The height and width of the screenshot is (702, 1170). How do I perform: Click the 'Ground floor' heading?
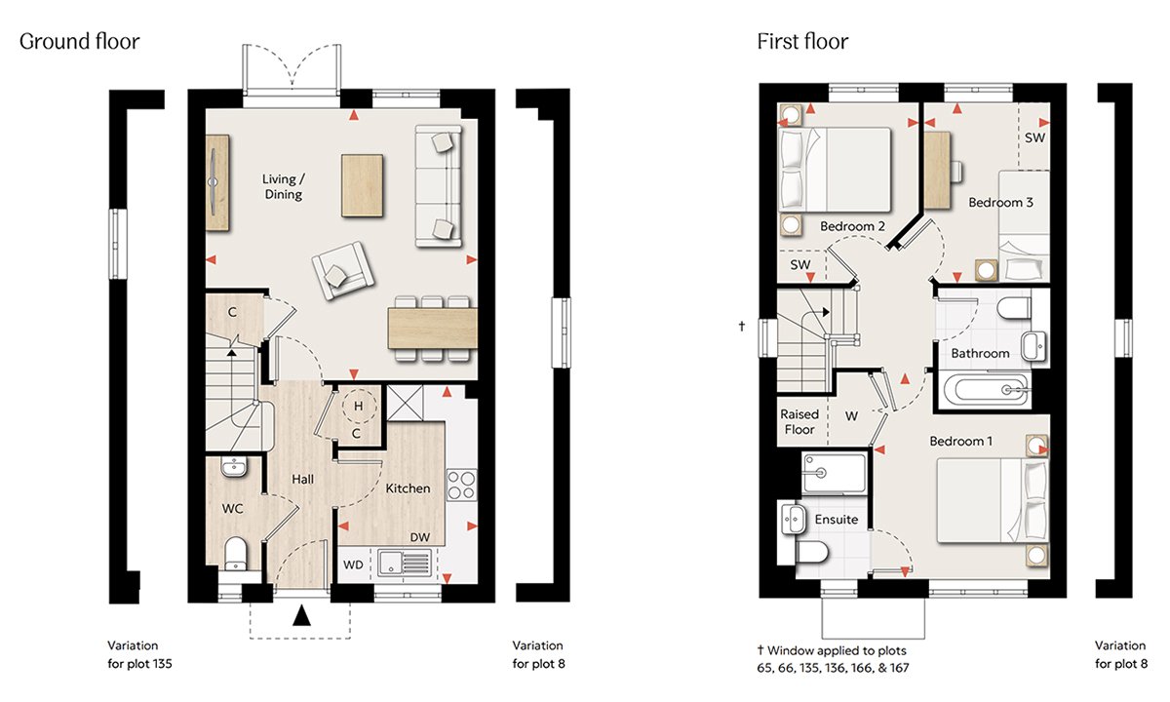pos(79,42)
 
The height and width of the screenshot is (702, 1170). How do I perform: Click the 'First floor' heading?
pos(802,41)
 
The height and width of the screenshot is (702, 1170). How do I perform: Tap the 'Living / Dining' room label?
pos(283,186)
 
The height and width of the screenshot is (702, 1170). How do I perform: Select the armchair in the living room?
pos(342,271)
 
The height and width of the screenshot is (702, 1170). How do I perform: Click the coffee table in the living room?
pos(362,185)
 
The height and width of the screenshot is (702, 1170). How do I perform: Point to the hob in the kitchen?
pos(462,486)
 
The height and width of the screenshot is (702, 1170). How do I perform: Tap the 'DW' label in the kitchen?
pos(420,537)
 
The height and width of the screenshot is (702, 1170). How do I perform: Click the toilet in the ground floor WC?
pos(236,554)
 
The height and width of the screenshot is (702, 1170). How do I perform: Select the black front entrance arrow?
pos(301,615)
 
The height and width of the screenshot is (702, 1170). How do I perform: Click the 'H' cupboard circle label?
pos(359,406)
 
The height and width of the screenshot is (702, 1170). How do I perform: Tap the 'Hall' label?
pos(303,479)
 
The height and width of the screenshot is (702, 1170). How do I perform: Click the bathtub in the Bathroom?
pos(986,390)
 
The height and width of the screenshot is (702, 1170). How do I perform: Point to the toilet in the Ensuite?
pos(811,552)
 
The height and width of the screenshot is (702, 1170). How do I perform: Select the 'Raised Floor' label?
pos(799,422)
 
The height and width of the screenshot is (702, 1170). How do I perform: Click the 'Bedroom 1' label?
pos(961,442)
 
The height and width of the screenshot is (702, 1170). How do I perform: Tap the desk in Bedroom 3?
pos(938,171)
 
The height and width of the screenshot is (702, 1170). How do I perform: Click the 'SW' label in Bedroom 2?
pos(800,265)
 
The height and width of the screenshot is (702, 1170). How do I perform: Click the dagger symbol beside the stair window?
pos(742,326)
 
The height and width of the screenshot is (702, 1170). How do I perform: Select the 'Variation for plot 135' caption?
pos(139,654)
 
